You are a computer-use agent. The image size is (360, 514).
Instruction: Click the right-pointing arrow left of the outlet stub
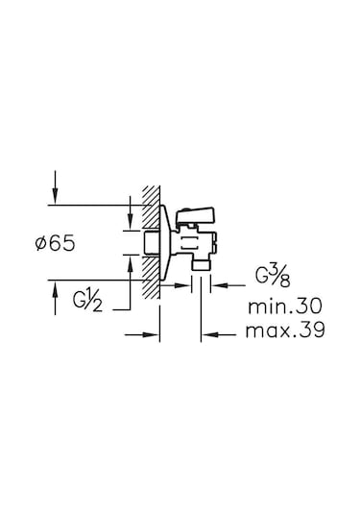coord(185,284)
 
